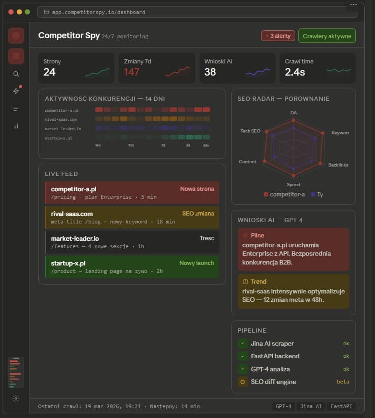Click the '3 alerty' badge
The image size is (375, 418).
pos(278,36)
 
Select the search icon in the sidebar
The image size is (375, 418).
pos(16,74)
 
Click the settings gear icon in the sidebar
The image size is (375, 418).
pos(16,398)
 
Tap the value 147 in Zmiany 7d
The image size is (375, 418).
pos(132,72)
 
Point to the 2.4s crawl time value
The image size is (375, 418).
pos(295,72)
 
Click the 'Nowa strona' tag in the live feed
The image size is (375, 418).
pos(197,189)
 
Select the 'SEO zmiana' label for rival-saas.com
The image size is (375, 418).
pos(198,214)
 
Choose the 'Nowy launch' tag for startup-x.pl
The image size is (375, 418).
pos(197,263)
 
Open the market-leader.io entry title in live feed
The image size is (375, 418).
pos(75,238)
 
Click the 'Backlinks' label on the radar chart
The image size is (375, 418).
pos(338,165)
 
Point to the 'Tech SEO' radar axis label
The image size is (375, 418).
pos(250,131)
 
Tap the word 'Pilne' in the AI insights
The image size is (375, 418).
pos(257,236)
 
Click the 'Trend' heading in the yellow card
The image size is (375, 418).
pos(258,282)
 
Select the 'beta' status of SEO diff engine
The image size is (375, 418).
pos(343,382)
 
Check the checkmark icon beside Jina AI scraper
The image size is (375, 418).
pos(243,343)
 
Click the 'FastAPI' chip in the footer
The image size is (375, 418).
pos(340,406)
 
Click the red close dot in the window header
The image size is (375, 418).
pos(11,12)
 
